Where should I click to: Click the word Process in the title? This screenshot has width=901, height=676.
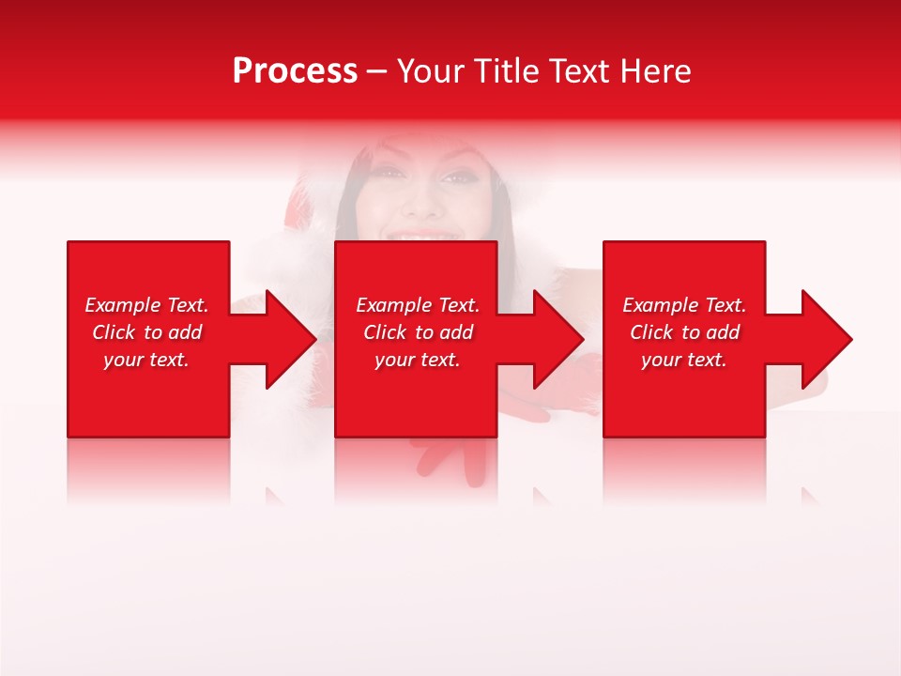click(x=295, y=71)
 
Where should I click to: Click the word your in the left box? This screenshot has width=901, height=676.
click(x=123, y=360)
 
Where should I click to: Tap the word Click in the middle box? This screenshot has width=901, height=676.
click(x=385, y=332)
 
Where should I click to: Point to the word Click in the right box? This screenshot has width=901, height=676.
click(x=651, y=332)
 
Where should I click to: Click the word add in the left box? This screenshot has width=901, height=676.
click(x=184, y=332)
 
